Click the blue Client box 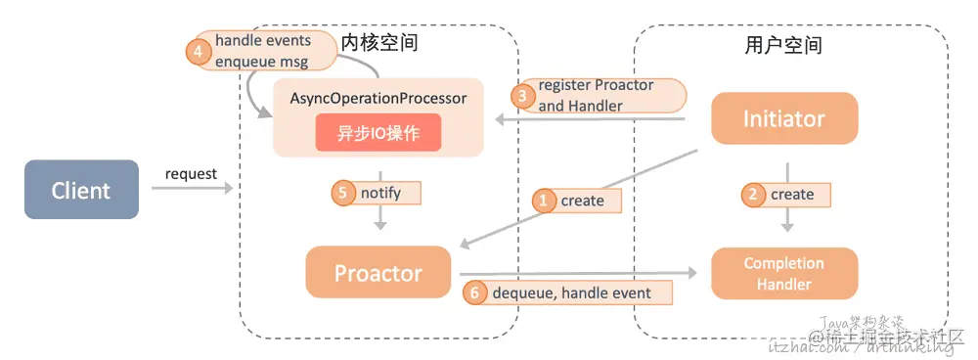81,190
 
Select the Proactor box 378,272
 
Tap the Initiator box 783,119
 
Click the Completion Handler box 783,274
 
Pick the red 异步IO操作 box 378,133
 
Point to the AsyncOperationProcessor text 378,99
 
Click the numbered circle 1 545,200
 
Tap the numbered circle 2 753,194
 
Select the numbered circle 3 523,96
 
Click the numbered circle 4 200,51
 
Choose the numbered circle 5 343,193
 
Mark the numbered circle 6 474,292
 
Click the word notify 380,193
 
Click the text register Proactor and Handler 596,96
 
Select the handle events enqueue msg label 262,51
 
